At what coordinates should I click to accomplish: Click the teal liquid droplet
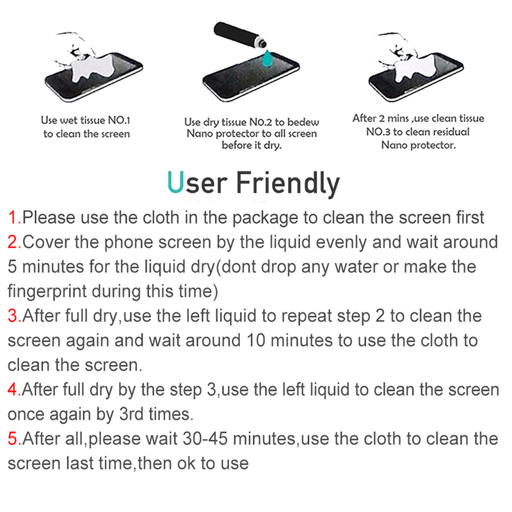268,59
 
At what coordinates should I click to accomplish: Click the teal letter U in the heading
176,182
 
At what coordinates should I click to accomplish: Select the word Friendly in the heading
287,184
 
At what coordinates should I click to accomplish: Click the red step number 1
14,218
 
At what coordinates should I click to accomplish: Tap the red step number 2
14,243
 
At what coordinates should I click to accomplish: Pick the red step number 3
14,316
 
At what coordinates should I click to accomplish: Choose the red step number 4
14,390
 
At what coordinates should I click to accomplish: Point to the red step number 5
14,438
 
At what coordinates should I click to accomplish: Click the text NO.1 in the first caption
119,120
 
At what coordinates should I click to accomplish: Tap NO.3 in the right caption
378,132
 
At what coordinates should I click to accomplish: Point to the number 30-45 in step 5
205,438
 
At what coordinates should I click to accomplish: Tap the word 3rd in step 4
131,414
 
